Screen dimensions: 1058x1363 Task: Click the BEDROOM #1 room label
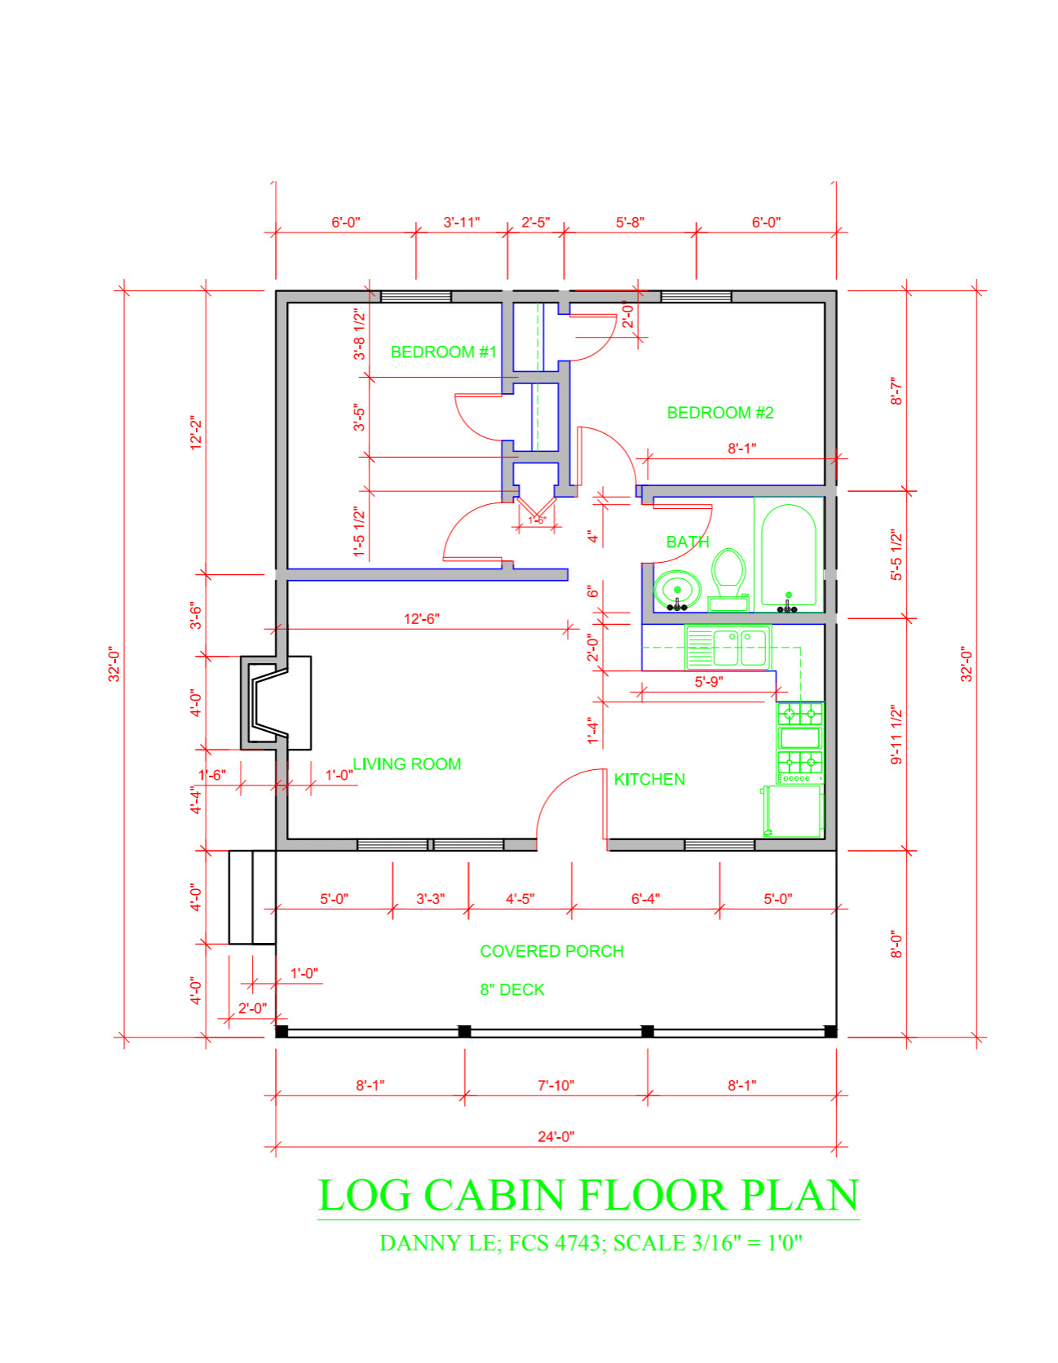point(443,352)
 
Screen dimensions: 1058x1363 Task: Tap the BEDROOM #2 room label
point(719,413)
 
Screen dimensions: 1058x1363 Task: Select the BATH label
point(687,542)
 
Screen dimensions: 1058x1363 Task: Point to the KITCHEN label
point(649,779)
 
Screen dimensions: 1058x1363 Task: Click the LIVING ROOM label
point(407,763)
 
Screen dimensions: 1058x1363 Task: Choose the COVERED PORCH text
point(551,951)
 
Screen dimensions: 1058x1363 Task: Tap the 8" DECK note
point(511,989)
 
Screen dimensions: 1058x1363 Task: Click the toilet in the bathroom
point(728,579)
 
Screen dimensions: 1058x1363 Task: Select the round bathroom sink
point(677,589)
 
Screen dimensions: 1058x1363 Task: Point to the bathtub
point(789,555)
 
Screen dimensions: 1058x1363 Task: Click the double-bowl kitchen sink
point(728,648)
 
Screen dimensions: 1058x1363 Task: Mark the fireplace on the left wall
point(276,702)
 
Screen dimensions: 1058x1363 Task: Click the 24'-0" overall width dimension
point(556,1136)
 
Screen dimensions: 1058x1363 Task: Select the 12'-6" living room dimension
point(421,618)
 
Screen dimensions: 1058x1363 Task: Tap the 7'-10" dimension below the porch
point(556,1085)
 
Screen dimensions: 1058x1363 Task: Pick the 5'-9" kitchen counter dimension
point(708,681)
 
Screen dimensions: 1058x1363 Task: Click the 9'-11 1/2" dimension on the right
point(896,734)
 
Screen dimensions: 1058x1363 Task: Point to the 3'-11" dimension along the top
point(462,222)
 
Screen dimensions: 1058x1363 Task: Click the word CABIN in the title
point(494,1195)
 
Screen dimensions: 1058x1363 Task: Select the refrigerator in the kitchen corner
point(793,811)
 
